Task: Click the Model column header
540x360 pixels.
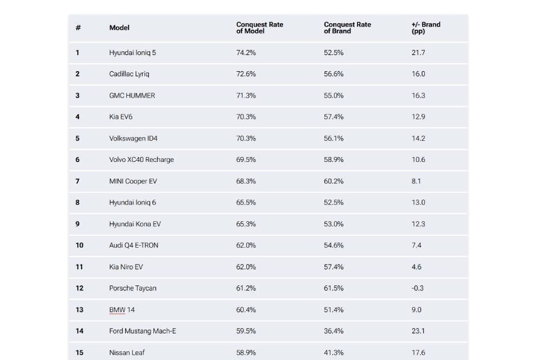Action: click(x=119, y=28)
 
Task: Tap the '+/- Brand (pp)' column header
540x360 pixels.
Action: click(x=426, y=28)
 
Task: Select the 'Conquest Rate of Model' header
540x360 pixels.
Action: click(x=260, y=28)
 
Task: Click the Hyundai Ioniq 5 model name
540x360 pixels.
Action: click(x=132, y=53)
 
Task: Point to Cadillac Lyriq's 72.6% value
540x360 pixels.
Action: click(x=246, y=74)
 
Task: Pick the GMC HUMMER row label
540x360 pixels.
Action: click(x=132, y=96)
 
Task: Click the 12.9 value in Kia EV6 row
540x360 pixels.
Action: click(x=418, y=117)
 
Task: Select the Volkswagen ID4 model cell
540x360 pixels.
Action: click(x=133, y=139)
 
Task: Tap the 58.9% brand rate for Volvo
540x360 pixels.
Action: click(x=333, y=160)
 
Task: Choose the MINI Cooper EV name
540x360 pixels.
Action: click(x=133, y=181)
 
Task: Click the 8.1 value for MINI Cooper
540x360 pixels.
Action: click(x=416, y=181)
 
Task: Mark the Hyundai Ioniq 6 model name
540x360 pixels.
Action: click(x=132, y=203)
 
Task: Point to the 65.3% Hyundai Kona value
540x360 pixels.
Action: click(x=246, y=224)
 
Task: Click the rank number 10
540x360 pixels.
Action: click(x=79, y=246)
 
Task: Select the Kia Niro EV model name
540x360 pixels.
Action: click(x=126, y=267)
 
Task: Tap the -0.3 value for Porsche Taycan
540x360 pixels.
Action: click(x=417, y=288)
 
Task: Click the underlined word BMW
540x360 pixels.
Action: click(x=117, y=310)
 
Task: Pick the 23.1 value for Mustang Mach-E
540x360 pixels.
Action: click(x=418, y=331)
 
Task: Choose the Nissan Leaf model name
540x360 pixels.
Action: click(x=127, y=353)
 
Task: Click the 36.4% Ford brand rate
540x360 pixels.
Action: click(x=333, y=331)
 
